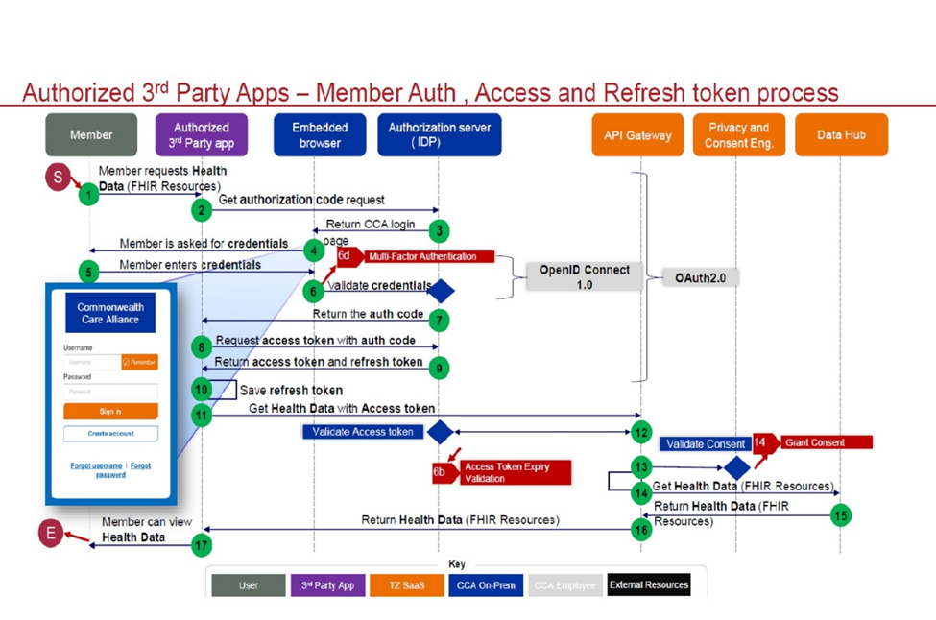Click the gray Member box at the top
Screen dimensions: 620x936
click(91, 135)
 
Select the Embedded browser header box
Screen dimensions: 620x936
click(320, 135)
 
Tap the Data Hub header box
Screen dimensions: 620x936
click(842, 135)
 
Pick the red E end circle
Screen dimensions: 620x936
click(50, 534)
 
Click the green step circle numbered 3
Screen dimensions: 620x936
click(439, 230)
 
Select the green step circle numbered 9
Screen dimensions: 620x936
click(439, 366)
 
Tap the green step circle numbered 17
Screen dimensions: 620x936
click(201, 545)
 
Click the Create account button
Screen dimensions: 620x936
click(110, 434)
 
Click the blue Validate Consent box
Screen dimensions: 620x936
click(706, 444)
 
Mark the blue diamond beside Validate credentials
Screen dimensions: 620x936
click(442, 291)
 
